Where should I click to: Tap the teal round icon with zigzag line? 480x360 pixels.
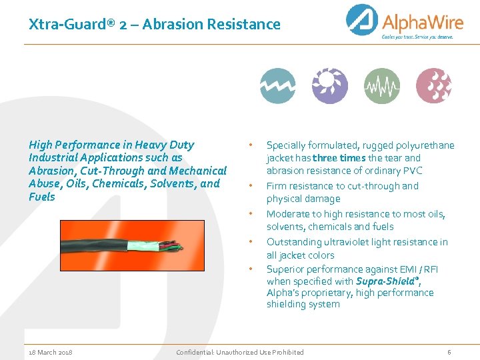(277, 85)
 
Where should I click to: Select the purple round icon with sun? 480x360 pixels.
(329, 85)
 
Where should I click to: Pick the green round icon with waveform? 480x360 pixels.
(382, 85)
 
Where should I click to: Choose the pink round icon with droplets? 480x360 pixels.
(434, 85)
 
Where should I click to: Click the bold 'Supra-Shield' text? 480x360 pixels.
(384, 281)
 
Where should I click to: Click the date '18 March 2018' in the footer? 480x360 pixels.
(51, 352)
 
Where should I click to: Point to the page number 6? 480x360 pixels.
(449, 352)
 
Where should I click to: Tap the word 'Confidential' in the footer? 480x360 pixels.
(195, 352)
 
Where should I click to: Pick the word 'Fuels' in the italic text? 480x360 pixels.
(42, 197)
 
